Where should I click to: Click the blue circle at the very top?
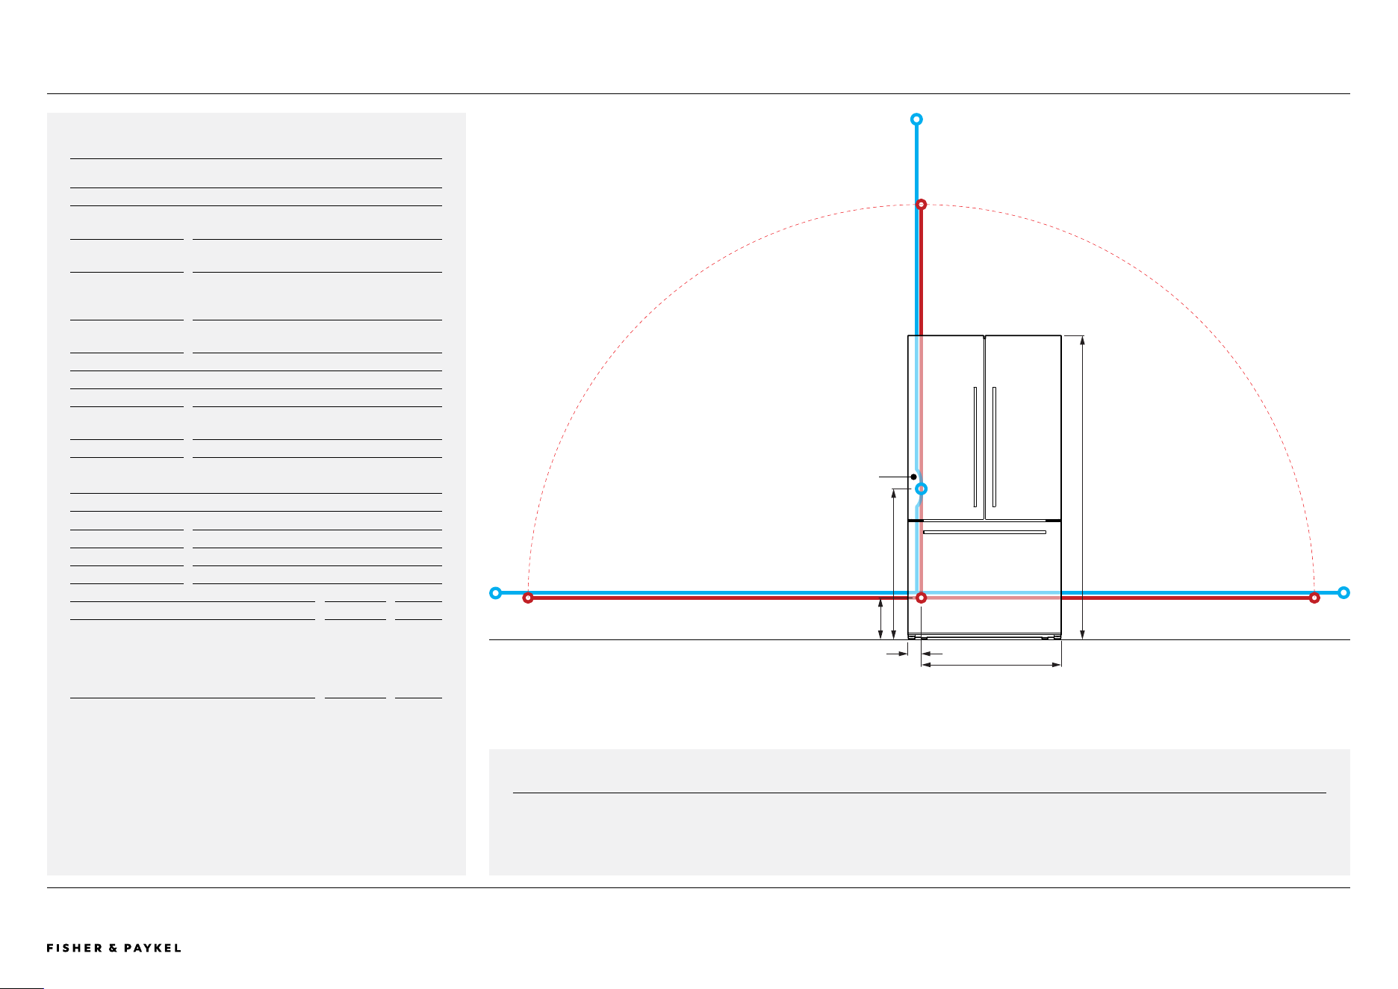(x=916, y=120)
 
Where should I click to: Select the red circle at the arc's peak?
(x=922, y=204)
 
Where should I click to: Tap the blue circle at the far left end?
(x=495, y=593)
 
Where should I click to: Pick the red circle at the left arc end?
(x=528, y=598)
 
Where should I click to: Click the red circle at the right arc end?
(x=1314, y=598)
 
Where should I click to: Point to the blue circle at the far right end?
(x=1343, y=593)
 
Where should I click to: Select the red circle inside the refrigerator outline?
(x=922, y=598)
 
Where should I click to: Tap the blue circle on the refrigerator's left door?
(x=922, y=489)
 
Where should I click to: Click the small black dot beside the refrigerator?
(x=913, y=477)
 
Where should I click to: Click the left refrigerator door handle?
(x=975, y=447)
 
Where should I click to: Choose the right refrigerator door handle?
(x=994, y=447)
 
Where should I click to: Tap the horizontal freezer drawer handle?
(x=984, y=533)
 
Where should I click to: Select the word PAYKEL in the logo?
(x=153, y=948)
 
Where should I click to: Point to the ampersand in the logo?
(x=114, y=948)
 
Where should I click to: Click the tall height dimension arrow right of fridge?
(x=1082, y=488)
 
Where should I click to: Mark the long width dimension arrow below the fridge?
(x=992, y=664)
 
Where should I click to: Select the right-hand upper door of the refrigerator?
(x=1023, y=427)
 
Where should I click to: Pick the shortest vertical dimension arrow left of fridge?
(x=880, y=618)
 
